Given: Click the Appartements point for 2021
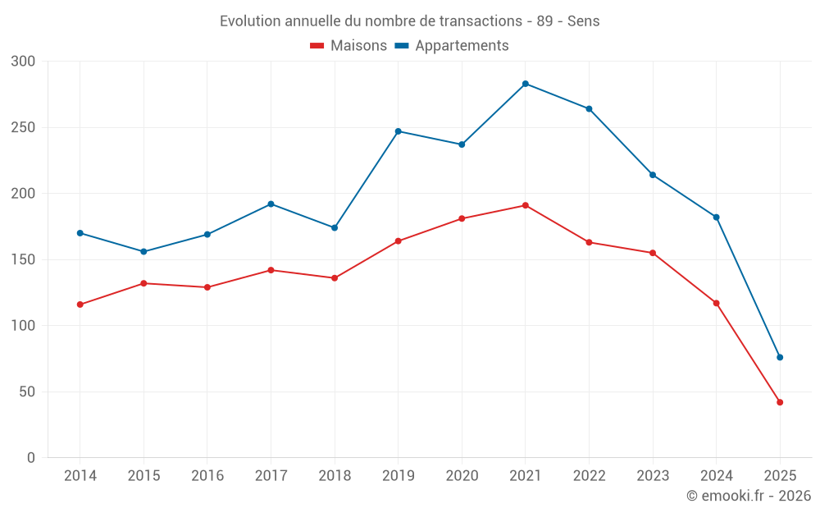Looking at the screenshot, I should click(x=526, y=84).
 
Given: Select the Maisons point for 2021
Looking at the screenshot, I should click(x=526, y=205).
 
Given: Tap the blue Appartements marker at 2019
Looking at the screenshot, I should click(x=399, y=131).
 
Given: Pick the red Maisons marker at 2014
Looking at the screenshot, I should click(x=80, y=305).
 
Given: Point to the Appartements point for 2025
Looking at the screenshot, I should click(x=780, y=357).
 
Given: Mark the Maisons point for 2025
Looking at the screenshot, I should click(x=780, y=402).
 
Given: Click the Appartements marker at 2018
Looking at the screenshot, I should click(x=335, y=227).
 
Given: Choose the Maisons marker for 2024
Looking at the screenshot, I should click(x=716, y=303).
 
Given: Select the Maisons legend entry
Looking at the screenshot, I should click(x=348, y=46).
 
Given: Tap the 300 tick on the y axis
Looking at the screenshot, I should click(x=24, y=62).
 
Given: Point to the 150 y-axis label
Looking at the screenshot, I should click(x=24, y=260).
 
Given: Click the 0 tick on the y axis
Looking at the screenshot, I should click(x=30, y=458).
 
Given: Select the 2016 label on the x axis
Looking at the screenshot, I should click(x=207, y=476).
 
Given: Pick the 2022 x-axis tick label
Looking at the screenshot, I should click(x=590, y=476).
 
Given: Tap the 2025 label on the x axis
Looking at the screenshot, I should click(x=780, y=476).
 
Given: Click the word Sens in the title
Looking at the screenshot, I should click(x=583, y=21).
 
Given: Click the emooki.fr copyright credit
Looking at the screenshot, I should click(x=749, y=496).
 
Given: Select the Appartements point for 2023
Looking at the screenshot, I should click(x=653, y=175).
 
